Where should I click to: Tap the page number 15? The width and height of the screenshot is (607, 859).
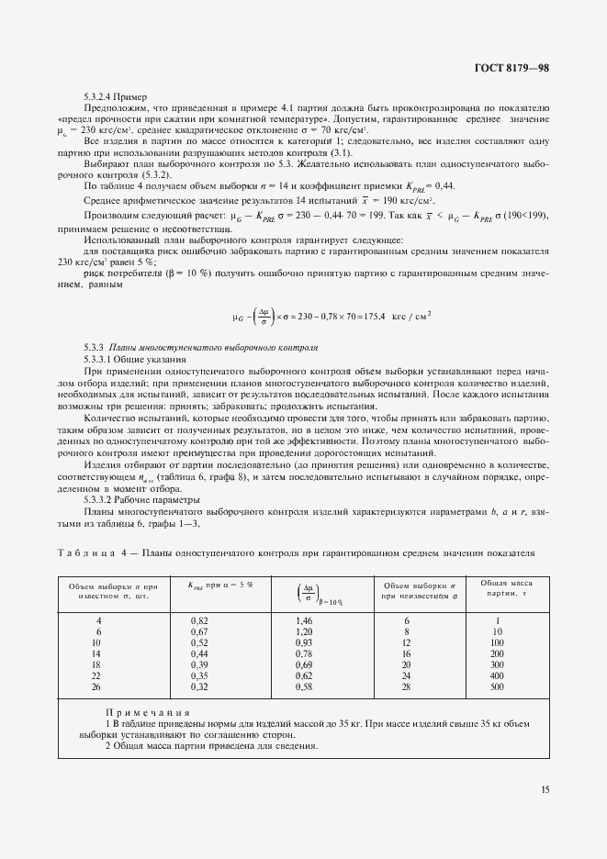pyautogui.click(x=545, y=787)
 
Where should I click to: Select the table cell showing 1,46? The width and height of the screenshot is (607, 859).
pyautogui.click(x=303, y=621)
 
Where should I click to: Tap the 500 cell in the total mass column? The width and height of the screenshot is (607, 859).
pyautogui.click(x=497, y=686)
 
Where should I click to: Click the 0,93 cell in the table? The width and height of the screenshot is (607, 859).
pyautogui.click(x=303, y=642)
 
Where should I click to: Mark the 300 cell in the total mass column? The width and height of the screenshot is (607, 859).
pyautogui.click(x=497, y=664)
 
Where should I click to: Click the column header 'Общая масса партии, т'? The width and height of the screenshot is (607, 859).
pyautogui.click(x=497, y=588)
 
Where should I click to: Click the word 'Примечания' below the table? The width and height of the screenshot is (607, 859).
pyautogui.click(x=147, y=712)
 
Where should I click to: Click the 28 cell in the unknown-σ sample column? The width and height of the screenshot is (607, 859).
pyautogui.click(x=406, y=686)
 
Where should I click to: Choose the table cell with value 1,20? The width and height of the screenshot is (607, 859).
pyautogui.click(x=303, y=632)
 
